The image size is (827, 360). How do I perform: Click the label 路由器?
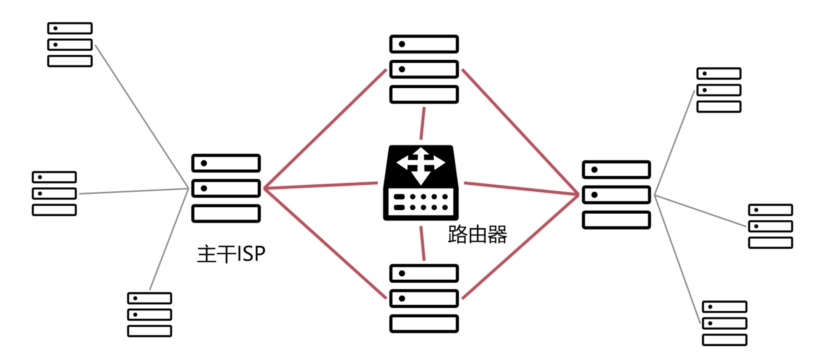click(x=477, y=235)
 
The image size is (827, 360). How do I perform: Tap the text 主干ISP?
click(x=231, y=254)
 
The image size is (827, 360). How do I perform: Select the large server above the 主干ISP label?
click(x=226, y=188)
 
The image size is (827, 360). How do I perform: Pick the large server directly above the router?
click(x=424, y=69)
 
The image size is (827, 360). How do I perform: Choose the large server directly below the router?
click(x=424, y=298)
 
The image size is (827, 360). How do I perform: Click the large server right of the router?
click(x=616, y=195)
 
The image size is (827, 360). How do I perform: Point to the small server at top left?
click(x=70, y=44)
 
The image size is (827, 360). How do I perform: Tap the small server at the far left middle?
click(x=54, y=193)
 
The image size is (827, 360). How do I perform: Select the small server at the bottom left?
click(x=150, y=315)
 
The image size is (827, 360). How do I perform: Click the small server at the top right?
click(x=719, y=90)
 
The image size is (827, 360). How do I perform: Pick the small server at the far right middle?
click(x=770, y=226)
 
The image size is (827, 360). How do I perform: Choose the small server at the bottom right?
click(x=724, y=323)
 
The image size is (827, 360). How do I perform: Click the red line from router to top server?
click(x=422, y=124)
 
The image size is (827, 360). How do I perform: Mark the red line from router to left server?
click(x=321, y=185)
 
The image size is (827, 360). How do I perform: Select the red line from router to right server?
click(x=521, y=188)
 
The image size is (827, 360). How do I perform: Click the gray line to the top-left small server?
click(x=141, y=117)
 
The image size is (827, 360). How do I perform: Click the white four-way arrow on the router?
click(x=421, y=165)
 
